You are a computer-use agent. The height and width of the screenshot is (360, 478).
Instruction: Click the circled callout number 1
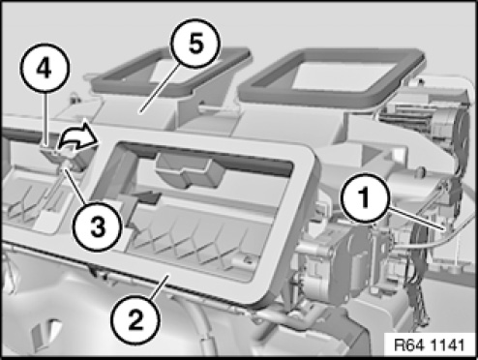pyautogui.click(x=365, y=198)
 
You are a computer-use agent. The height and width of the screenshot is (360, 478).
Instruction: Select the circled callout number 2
pyautogui.click(x=135, y=320)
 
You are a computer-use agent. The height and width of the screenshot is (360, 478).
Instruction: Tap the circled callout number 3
pyautogui.click(x=98, y=226)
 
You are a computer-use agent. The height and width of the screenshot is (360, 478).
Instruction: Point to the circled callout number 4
pyautogui.click(x=45, y=69)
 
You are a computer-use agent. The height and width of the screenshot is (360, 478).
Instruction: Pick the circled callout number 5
pyautogui.click(x=195, y=43)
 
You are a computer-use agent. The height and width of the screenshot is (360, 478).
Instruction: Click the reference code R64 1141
pyautogui.click(x=430, y=345)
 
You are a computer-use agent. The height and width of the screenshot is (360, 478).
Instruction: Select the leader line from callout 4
pyautogui.click(x=46, y=120)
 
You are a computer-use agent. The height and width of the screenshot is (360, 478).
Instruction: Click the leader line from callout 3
pyautogui.click(x=76, y=185)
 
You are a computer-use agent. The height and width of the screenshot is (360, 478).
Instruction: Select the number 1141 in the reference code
pyautogui.click(x=448, y=345)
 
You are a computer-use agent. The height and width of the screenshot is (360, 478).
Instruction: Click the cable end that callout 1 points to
pyautogui.click(x=447, y=228)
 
